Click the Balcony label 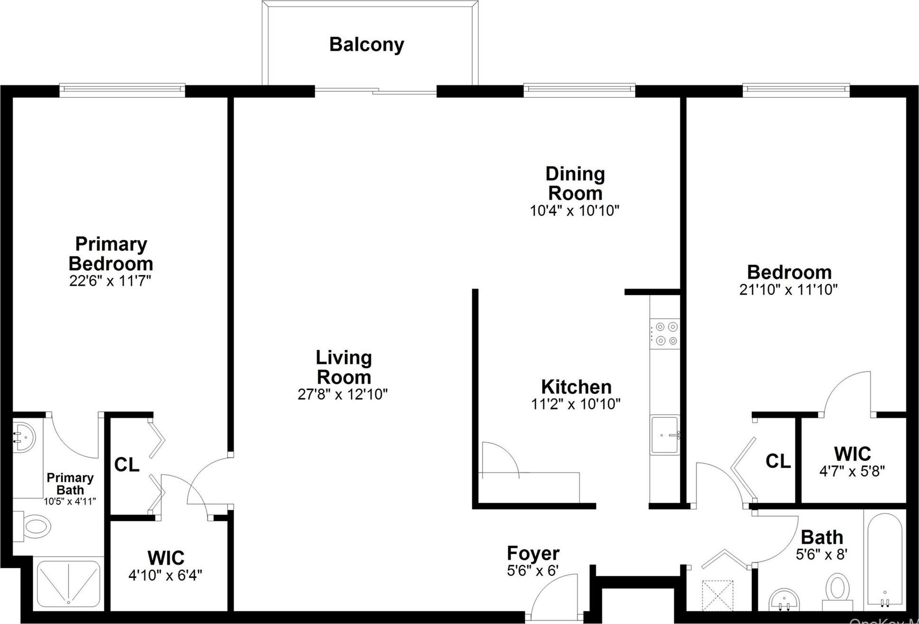[367, 45]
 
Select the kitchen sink [665, 434]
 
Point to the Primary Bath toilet [36, 527]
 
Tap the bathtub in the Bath [885, 561]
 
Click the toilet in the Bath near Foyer [838, 589]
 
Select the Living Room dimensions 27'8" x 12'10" [343, 394]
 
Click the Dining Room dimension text [575, 211]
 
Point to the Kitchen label [576, 387]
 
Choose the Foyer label [533, 553]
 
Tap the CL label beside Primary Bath [127, 465]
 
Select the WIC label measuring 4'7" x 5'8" [852, 454]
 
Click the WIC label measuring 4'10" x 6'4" [166, 558]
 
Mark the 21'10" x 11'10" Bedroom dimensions [788, 289]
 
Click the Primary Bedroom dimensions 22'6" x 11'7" [110, 281]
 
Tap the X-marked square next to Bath [717, 595]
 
